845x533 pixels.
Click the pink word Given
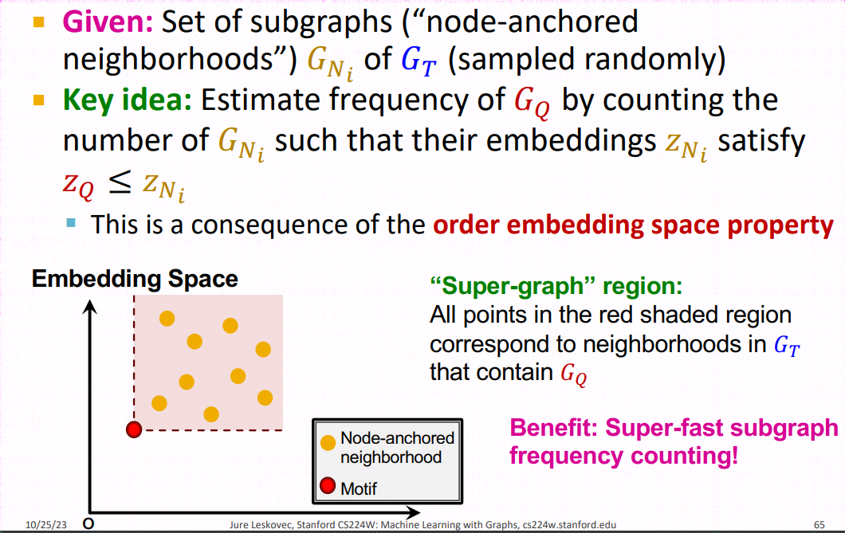[108, 22]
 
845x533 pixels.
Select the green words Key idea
[128, 100]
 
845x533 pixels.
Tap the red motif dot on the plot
[134, 429]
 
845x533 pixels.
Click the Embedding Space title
[135, 279]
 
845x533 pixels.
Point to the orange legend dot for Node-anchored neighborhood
[328, 442]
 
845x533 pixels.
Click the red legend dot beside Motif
[328, 486]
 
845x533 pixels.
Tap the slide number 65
[819, 524]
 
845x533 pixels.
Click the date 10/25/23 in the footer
[45, 524]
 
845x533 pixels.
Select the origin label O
[88, 523]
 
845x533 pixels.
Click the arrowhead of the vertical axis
[90, 307]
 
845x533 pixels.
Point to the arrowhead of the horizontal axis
[413, 512]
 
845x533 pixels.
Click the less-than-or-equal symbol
[119, 183]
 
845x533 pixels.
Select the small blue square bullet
[71, 222]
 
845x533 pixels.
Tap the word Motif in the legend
[359, 488]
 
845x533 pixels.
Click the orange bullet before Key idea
[39, 100]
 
